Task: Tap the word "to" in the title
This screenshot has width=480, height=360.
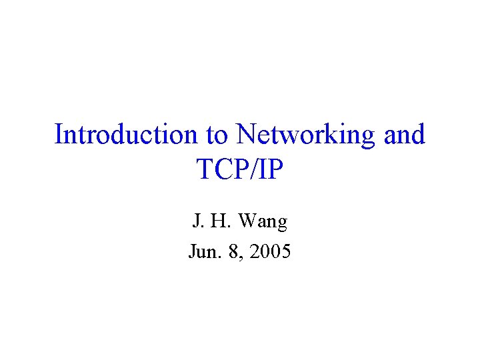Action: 217,135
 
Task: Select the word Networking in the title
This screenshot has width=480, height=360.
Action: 306,135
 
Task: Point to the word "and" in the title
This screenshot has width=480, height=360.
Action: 404,135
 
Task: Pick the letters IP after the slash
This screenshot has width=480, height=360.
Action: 271,170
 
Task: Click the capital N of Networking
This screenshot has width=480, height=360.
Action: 246,135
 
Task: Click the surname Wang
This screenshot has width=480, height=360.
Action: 264,221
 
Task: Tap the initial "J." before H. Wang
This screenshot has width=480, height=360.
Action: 198,220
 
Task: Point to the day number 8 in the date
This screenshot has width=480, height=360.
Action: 231,253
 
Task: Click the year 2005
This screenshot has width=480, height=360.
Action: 269,253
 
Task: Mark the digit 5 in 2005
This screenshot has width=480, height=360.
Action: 285,253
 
